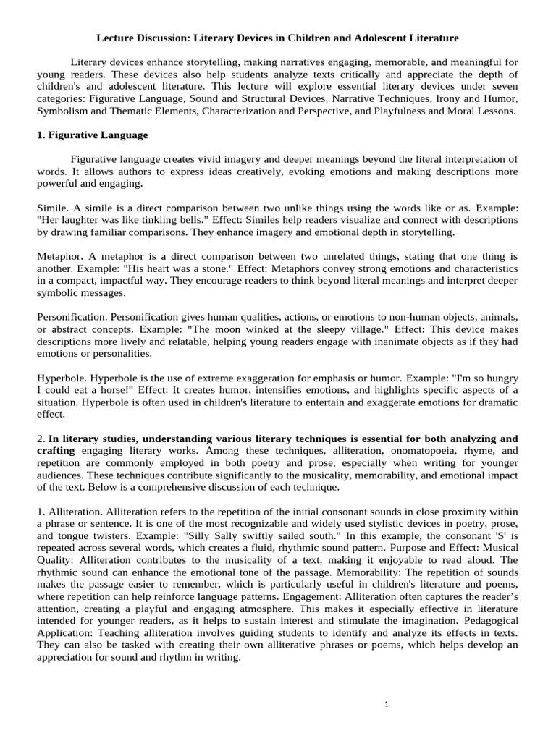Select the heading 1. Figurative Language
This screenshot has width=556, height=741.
(x=92, y=135)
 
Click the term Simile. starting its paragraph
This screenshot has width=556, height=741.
(x=51, y=208)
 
